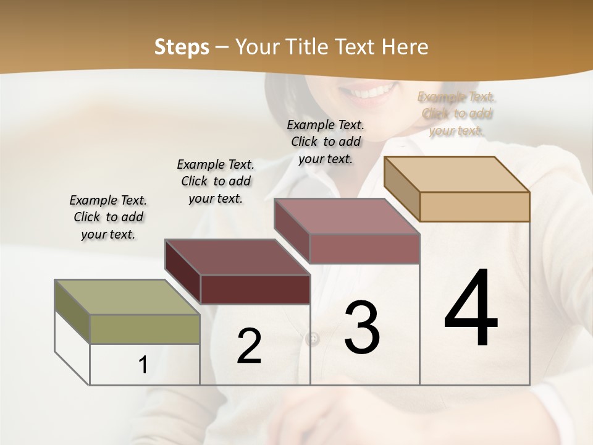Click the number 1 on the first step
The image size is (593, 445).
coord(143,365)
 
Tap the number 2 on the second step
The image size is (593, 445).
coord(249,346)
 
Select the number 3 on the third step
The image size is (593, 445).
coord(361,328)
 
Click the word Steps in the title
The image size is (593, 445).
coord(182,47)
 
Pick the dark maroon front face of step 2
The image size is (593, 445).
coord(255,289)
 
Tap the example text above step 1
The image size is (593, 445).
coord(108,217)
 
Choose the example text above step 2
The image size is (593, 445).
coord(216,181)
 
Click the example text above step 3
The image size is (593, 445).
coord(326,142)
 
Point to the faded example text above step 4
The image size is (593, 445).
coord(456,114)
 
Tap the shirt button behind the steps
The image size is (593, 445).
coord(313,339)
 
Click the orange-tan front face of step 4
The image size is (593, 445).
coord(474,206)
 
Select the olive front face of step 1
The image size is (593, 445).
coord(145,328)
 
